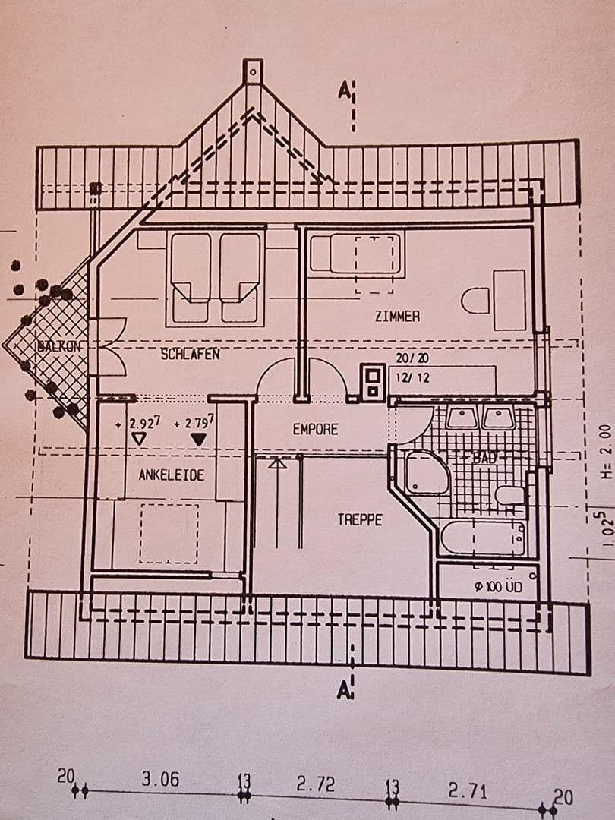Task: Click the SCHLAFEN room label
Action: pyautogui.click(x=191, y=354)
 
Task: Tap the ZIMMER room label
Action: pyautogui.click(x=397, y=316)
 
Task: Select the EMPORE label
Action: pyautogui.click(x=315, y=429)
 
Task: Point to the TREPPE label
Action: pyautogui.click(x=360, y=520)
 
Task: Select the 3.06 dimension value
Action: pyautogui.click(x=161, y=780)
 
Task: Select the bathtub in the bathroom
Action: pyautogui.click(x=483, y=538)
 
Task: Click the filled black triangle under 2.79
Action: pyautogui.click(x=199, y=439)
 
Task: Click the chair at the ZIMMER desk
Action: pyautogui.click(x=475, y=301)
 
